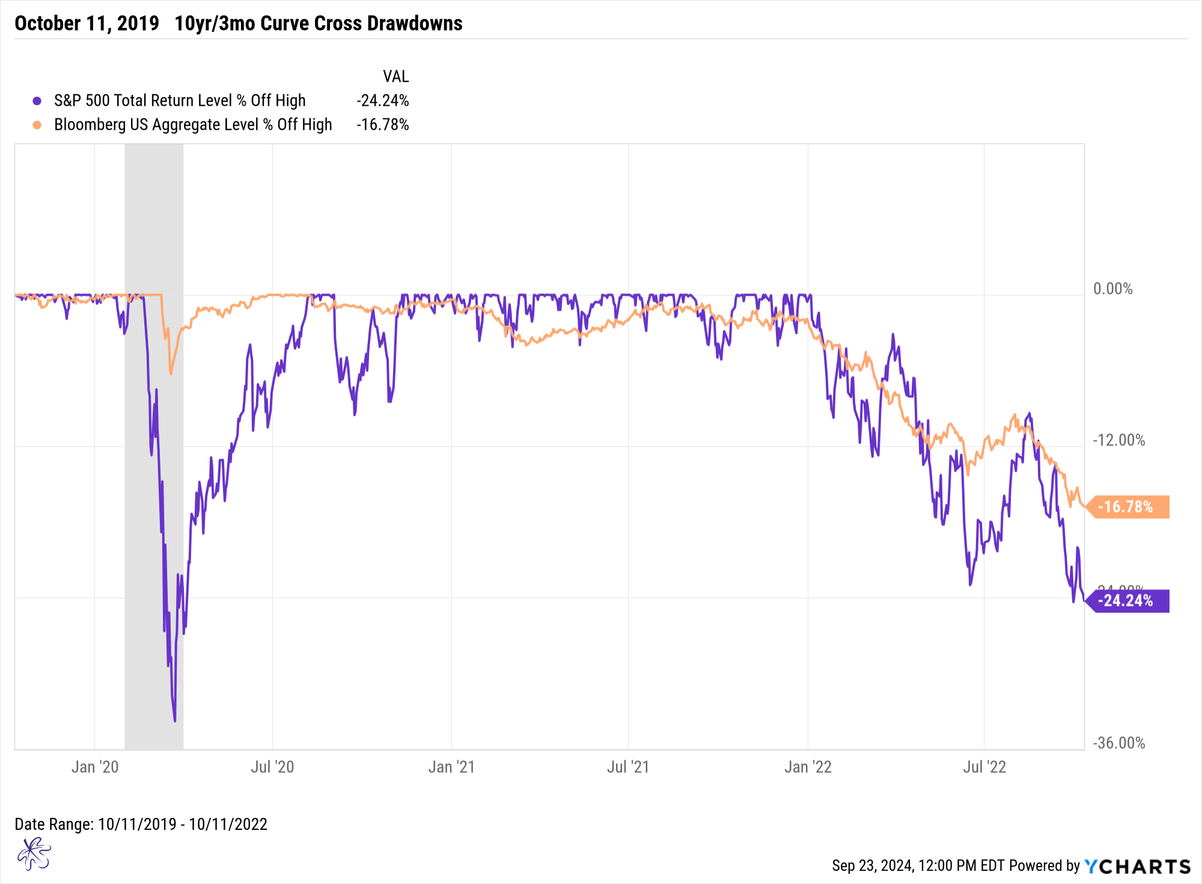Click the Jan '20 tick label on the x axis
(x=95, y=767)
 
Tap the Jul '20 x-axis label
(x=272, y=767)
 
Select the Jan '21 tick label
(x=451, y=767)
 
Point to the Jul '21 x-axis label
(x=628, y=767)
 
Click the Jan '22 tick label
(x=808, y=767)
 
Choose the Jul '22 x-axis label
(x=984, y=767)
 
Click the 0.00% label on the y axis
(x=1112, y=289)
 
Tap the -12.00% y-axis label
(x=1118, y=440)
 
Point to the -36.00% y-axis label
(x=1118, y=743)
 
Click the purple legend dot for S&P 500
(x=37, y=101)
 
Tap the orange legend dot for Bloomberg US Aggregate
(x=37, y=125)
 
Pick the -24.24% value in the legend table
(x=382, y=100)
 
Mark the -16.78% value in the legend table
(x=382, y=124)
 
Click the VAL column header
(x=395, y=76)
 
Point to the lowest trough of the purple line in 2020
(x=175, y=720)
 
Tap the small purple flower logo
(x=34, y=854)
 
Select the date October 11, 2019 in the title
(x=87, y=23)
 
